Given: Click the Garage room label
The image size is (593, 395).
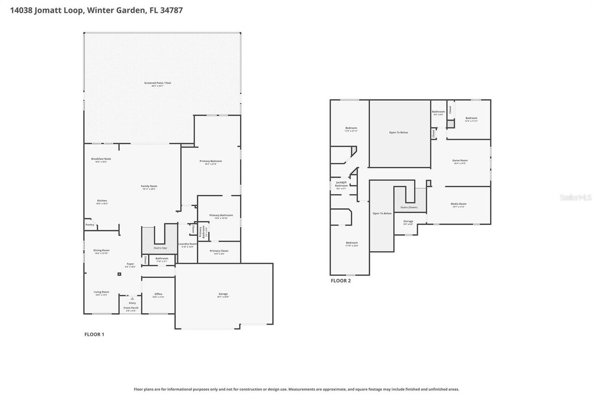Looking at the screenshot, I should pyautogui.click(x=223, y=294).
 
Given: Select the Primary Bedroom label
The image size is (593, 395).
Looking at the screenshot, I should pyautogui.click(x=211, y=161).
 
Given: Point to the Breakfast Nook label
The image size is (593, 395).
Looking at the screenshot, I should pyautogui.click(x=101, y=159).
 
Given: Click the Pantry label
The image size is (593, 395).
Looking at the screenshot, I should pyautogui.click(x=90, y=225).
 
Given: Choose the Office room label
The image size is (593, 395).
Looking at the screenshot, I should pyautogui.click(x=158, y=294).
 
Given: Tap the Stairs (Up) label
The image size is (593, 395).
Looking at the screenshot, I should pyautogui.click(x=160, y=248).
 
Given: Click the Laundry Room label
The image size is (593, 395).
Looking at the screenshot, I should pyautogui.click(x=187, y=244).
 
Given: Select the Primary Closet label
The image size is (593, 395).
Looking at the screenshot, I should pyautogui.click(x=219, y=251).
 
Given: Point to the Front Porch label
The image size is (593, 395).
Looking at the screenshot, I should pyautogui.click(x=131, y=308).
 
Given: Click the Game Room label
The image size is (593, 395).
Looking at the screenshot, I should pyautogui.click(x=460, y=161).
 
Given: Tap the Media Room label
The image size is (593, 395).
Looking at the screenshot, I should pyautogui.click(x=458, y=204).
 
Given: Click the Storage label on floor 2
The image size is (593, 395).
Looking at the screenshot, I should pyautogui.click(x=408, y=221).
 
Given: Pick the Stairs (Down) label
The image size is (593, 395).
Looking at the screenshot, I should pyautogui.click(x=409, y=207).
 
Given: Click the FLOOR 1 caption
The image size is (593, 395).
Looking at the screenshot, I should pyautogui.click(x=94, y=334).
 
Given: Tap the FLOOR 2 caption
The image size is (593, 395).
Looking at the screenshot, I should pyautogui.click(x=341, y=281).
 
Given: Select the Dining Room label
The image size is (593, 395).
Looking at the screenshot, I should pyautogui.click(x=101, y=250).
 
